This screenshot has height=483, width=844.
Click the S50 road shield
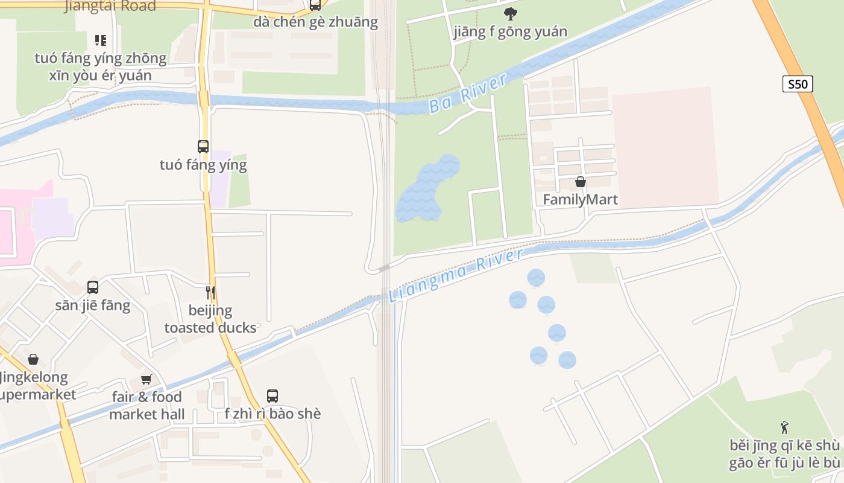coord(798,84)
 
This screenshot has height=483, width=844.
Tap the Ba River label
coord(468,94)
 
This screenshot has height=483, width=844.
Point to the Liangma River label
coord(456,276)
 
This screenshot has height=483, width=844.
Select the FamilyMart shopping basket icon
coord(581,182)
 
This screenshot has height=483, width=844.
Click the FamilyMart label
coord(581,199)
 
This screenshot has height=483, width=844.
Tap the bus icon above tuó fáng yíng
coord(203,146)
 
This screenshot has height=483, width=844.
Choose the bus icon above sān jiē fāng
coord(93,287)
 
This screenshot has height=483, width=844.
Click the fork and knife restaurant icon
coord(210,293)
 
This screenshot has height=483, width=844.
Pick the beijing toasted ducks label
coord(210,319)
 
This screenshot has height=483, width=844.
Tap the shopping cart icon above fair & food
coord(146,379)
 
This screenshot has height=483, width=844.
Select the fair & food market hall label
coord(147,406)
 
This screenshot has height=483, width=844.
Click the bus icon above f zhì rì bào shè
coord(272,396)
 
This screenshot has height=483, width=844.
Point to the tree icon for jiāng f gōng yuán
coord(511,13)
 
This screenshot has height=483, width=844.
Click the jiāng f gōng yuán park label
coord(511,31)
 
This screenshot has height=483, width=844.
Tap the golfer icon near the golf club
coord(784,428)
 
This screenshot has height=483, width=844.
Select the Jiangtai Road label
coord(110,6)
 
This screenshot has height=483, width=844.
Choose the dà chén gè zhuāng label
coord(315,22)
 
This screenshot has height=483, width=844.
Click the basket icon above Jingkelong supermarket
coord(33,359)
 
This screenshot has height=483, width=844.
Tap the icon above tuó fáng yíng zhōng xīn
coord(101,40)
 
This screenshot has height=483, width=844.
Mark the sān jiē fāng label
coord(93,305)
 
